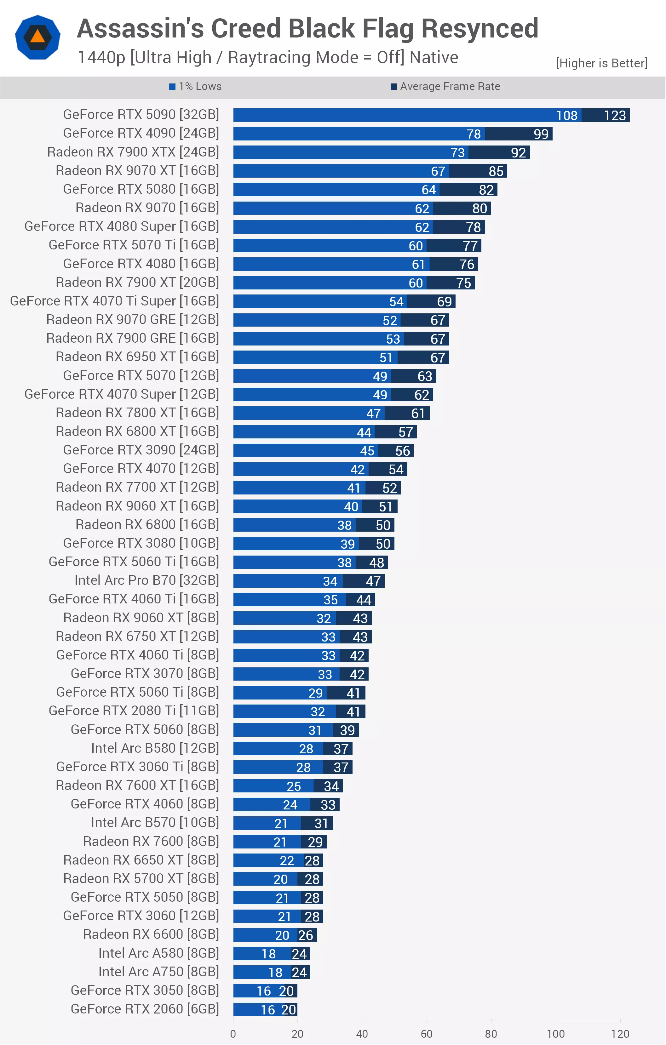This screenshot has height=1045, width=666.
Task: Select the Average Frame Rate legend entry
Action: pos(445,86)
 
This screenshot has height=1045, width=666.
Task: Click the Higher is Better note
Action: pos(602,63)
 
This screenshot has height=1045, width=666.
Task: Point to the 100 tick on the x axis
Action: pos(556,1034)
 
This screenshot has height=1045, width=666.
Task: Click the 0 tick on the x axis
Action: pos(233,1034)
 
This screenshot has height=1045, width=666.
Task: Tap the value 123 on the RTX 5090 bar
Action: pos(615,116)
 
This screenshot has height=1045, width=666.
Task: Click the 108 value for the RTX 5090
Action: pos(567,116)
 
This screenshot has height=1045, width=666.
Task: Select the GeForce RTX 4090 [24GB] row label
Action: pos(141,133)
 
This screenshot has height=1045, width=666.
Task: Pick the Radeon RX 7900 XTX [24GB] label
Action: pos(133,152)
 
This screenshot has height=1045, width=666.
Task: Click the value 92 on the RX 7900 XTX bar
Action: pos(518,153)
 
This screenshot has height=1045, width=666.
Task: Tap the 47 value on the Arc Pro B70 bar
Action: pos(373,581)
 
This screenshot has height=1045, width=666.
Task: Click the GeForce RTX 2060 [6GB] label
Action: pos(145,1009)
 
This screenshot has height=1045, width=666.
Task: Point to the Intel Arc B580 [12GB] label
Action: pos(155,748)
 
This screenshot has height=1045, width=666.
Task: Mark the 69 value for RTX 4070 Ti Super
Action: pos(445,302)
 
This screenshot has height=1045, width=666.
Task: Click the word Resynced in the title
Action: pos(480,29)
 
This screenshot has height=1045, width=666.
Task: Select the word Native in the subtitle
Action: pos(434,57)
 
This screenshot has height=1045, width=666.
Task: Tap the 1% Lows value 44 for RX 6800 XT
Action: pos(364,432)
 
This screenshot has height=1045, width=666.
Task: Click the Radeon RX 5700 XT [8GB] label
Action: pos(141,878)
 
